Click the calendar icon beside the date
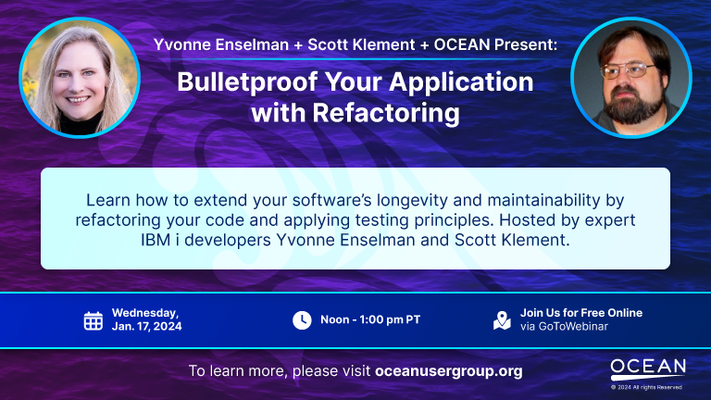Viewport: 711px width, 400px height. (94, 320)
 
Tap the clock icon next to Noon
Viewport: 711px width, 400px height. (302, 320)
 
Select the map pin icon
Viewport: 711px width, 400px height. (502, 320)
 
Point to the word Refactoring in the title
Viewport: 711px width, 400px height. (382, 114)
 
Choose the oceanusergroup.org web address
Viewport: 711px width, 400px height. (449, 371)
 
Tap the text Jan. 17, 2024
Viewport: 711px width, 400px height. (147, 327)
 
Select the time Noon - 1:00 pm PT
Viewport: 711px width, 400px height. (370, 320)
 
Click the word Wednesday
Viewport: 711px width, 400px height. (145, 313)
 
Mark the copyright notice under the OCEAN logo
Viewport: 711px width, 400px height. (648, 387)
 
